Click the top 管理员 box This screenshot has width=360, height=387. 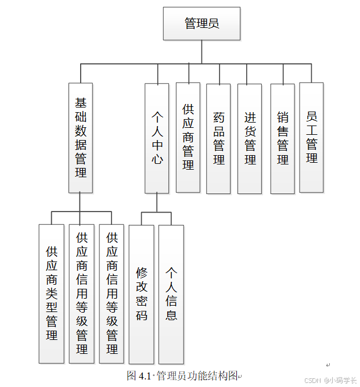(202, 23)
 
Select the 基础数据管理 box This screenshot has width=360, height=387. (81, 137)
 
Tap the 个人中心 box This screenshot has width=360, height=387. (157, 138)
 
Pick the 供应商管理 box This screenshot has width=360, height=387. (188, 137)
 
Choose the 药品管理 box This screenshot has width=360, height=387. (219, 138)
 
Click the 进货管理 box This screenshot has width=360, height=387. (250, 138)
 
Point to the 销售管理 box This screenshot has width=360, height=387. (283, 138)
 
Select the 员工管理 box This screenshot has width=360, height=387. (312, 137)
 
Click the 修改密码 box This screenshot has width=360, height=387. (142, 294)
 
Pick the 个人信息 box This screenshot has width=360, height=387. (171, 294)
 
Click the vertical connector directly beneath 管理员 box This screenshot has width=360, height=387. (202, 51)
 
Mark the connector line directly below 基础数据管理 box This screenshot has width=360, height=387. (81, 202)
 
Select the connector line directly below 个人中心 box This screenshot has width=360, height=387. (157, 202)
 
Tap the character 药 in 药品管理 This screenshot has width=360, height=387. (219, 117)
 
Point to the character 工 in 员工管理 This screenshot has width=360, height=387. (312, 130)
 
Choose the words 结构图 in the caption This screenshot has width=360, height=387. (226, 375)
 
